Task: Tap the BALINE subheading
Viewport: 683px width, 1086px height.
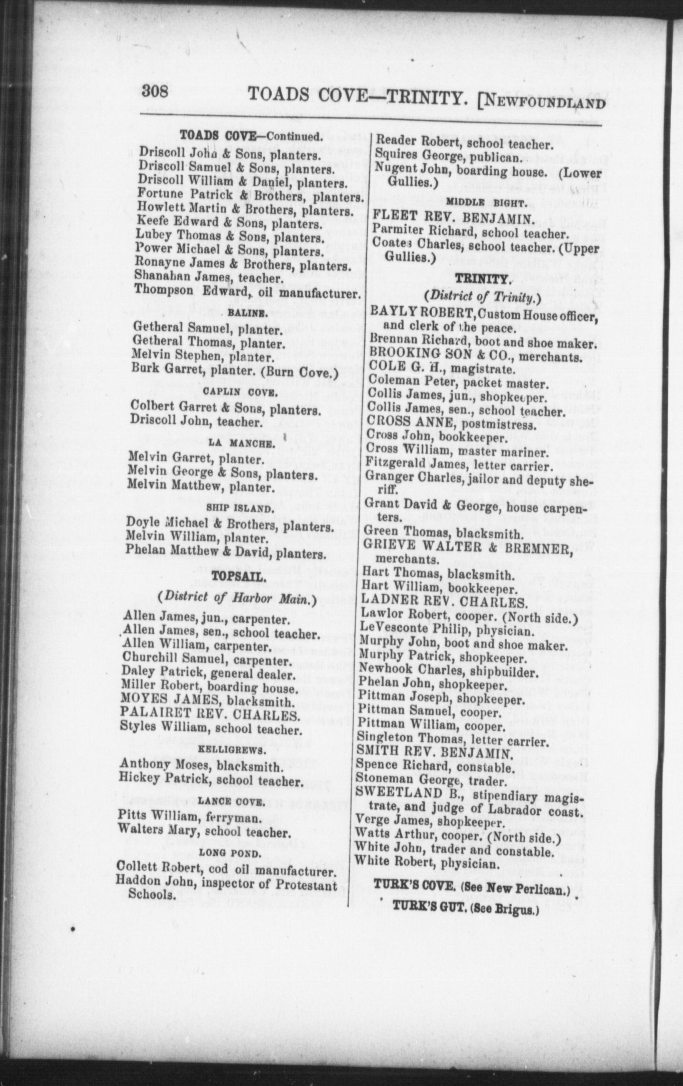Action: coord(242,313)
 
